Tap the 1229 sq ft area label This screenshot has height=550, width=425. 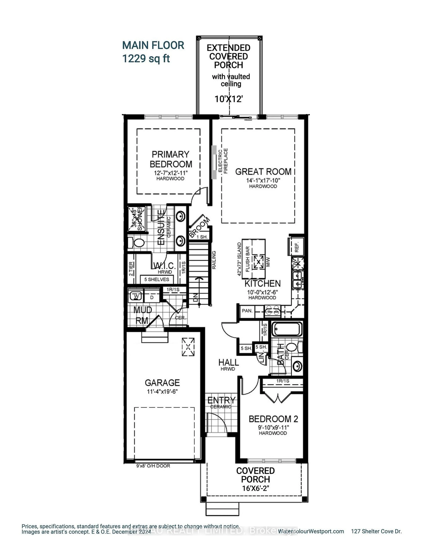146,59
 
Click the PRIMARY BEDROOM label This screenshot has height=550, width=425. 171,159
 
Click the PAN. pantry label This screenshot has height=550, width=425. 247,311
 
